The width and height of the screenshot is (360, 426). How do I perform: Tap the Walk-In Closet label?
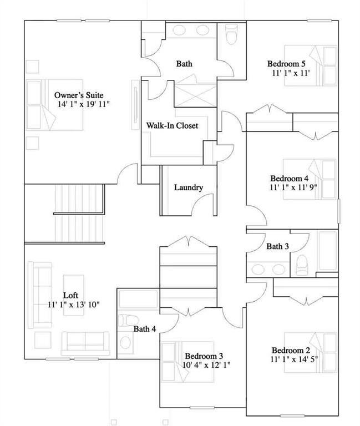coord(172,126)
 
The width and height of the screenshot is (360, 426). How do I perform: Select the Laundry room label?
coord(188,187)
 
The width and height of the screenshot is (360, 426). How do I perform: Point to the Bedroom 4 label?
coord(289,178)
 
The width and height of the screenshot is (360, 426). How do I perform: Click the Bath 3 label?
coord(277,246)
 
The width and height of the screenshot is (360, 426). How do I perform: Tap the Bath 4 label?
coord(145,329)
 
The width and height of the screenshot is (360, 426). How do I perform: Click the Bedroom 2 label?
coord(290,350)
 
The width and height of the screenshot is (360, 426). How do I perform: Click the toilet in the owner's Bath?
coord(232,35)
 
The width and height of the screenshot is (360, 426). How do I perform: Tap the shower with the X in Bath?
coord(195,96)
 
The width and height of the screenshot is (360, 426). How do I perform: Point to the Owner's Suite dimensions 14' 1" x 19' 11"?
coord(84,104)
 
